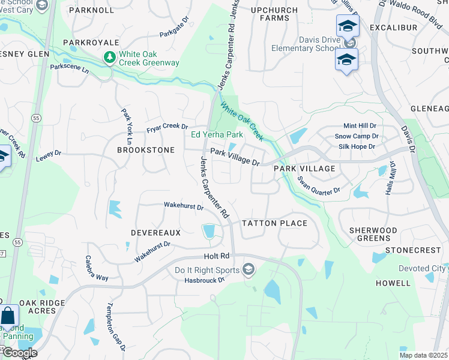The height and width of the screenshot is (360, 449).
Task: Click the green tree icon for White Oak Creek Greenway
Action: click(x=110, y=58)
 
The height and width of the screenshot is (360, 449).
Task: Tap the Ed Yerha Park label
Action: click(x=217, y=134)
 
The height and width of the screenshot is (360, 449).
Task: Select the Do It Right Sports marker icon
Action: click(x=248, y=270)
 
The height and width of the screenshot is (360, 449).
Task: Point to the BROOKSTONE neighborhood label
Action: click(x=145, y=150)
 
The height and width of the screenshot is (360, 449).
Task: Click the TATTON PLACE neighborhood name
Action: click(x=274, y=223)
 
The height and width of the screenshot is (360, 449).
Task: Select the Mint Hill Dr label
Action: click(x=359, y=126)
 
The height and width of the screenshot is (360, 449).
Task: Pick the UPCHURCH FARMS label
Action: click(x=274, y=14)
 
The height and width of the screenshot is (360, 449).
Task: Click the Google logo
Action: click(x=19, y=353)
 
